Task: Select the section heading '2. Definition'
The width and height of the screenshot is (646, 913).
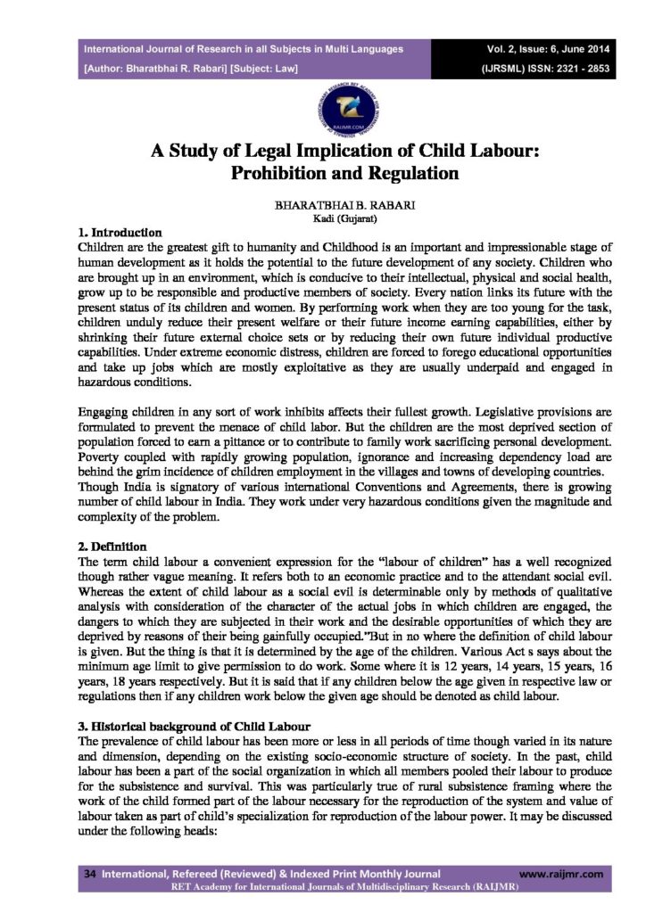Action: tap(114, 545)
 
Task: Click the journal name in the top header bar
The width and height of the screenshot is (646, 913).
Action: tap(243, 49)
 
